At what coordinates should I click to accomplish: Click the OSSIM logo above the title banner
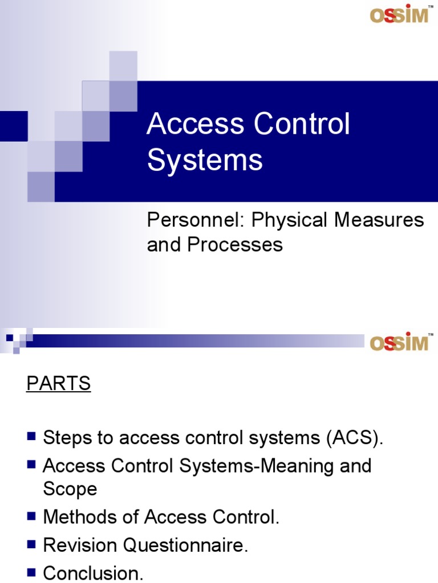[399, 14]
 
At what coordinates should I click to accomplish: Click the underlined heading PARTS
[58, 384]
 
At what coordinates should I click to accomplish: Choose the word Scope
[70, 488]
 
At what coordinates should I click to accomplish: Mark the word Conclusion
[93, 573]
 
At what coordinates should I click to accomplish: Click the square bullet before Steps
[32, 437]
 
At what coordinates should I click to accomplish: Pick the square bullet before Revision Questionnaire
[32, 545]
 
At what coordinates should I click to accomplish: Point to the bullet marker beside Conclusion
[32, 572]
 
